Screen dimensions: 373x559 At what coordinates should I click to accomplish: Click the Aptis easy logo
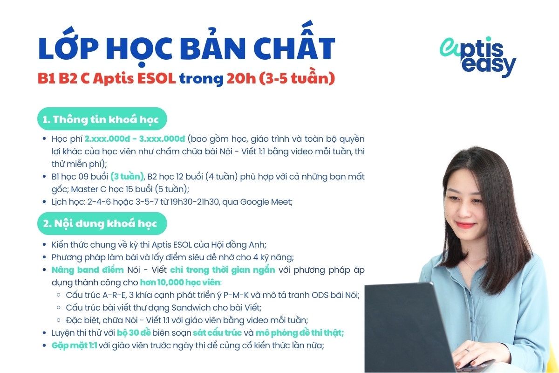(x=477, y=57)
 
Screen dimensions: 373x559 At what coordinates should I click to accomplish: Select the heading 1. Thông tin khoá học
(x=101, y=119)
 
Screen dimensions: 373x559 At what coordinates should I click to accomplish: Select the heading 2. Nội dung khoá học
(x=100, y=223)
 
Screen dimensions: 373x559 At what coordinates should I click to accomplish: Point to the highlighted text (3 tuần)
(x=127, y=177)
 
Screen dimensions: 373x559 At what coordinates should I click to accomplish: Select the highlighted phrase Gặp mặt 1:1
(x=75, y=345)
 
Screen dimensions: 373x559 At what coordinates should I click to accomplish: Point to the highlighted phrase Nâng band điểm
(x=88, y=270)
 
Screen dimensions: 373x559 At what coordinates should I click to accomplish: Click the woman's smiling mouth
(x=465, y=225)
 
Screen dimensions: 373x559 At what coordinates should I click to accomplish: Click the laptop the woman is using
(x=405, y=326)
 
